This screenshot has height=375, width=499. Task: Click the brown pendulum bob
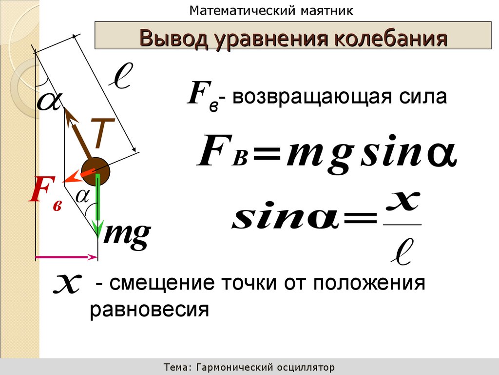[x=96, y=170]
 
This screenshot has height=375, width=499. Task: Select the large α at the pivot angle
[x=48, y=101]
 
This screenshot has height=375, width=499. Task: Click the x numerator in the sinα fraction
[x=402, y=202]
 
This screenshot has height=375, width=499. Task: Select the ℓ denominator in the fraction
[x=402, y=250]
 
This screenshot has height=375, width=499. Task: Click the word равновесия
[x=149, y=309]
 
